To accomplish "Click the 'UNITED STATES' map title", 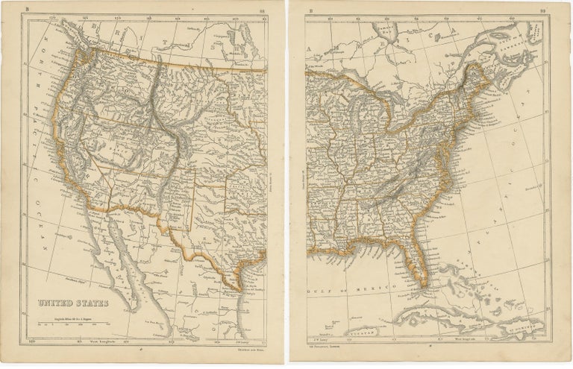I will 72,303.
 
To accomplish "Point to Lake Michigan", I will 364,119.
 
